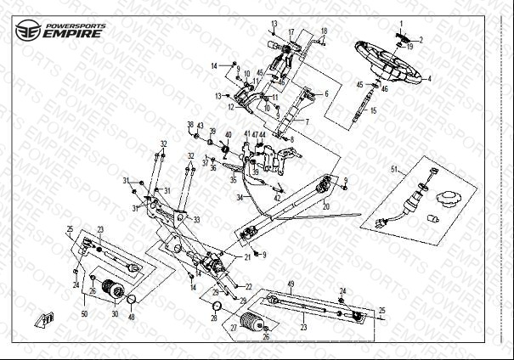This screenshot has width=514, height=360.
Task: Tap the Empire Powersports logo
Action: [x=59, y=29]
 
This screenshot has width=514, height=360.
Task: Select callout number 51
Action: [x=393, y=170]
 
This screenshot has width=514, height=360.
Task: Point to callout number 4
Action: [x=430, y=78]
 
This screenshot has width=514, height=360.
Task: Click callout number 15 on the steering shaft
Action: [x=372, y=111]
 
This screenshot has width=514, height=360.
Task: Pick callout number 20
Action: [x=325, y=206]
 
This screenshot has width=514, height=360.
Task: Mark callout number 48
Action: [x=132, y=317]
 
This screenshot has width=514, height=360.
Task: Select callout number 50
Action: [x=84, y=314]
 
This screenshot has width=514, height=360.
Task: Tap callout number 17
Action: [x=291, y=32]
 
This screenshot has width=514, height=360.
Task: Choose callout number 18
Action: [x=323, y=31]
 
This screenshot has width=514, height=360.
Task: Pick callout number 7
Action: [x=308, y=122]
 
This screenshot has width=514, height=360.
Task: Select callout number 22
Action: [x=248, y=286]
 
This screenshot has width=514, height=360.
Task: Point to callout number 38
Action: [x=190, y=125]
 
